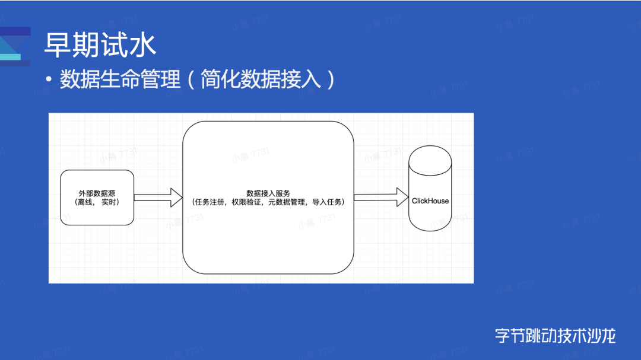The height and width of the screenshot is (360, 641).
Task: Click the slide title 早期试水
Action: point(100,46)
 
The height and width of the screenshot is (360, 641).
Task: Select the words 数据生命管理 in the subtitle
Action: point(120,79)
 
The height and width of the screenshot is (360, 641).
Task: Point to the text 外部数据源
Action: point(97,193)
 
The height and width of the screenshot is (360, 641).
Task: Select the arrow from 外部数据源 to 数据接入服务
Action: point(158,197)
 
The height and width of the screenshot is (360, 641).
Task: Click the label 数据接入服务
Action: point(268,193)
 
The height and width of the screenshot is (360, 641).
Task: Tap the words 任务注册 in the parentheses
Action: point(212,202)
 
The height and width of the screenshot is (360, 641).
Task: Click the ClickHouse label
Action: point(430,201)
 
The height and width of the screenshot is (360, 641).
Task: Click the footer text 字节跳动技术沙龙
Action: point(555,336)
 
